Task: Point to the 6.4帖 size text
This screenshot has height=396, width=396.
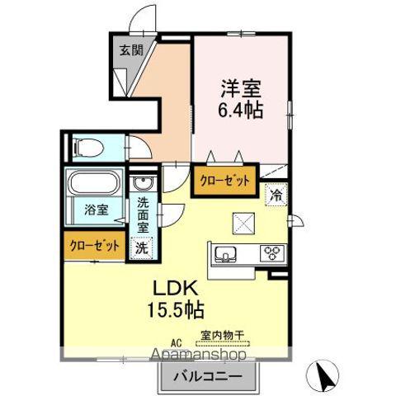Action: [x=241, y=108]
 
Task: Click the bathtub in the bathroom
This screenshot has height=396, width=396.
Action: [x=94, y=183]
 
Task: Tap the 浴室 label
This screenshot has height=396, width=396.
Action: [x=96, y=209]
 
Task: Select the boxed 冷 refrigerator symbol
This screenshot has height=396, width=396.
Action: [x=275, y=196]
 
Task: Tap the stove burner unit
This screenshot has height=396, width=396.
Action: [x=271, y=253]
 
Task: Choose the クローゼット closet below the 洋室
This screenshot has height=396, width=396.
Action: [x=224, y=182]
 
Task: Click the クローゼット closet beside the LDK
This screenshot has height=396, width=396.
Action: [x=92, y=245]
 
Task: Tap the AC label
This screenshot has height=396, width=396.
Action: [x=176, y=341]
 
